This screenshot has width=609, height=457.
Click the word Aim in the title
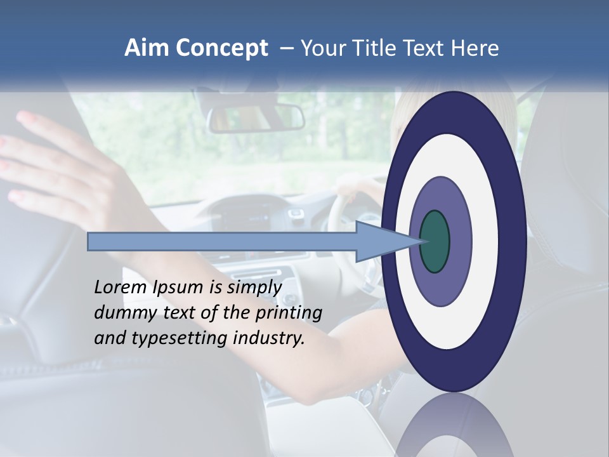click(x=147, y=48)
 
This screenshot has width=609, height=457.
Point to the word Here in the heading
click(x=475, y=48)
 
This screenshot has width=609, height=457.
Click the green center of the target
click(x=435, y=242)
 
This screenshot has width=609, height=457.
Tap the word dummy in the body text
click(x=122, y=313)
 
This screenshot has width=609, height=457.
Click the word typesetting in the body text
click(x=174, y=339)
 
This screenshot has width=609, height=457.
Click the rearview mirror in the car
click(x=256, y=117)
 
